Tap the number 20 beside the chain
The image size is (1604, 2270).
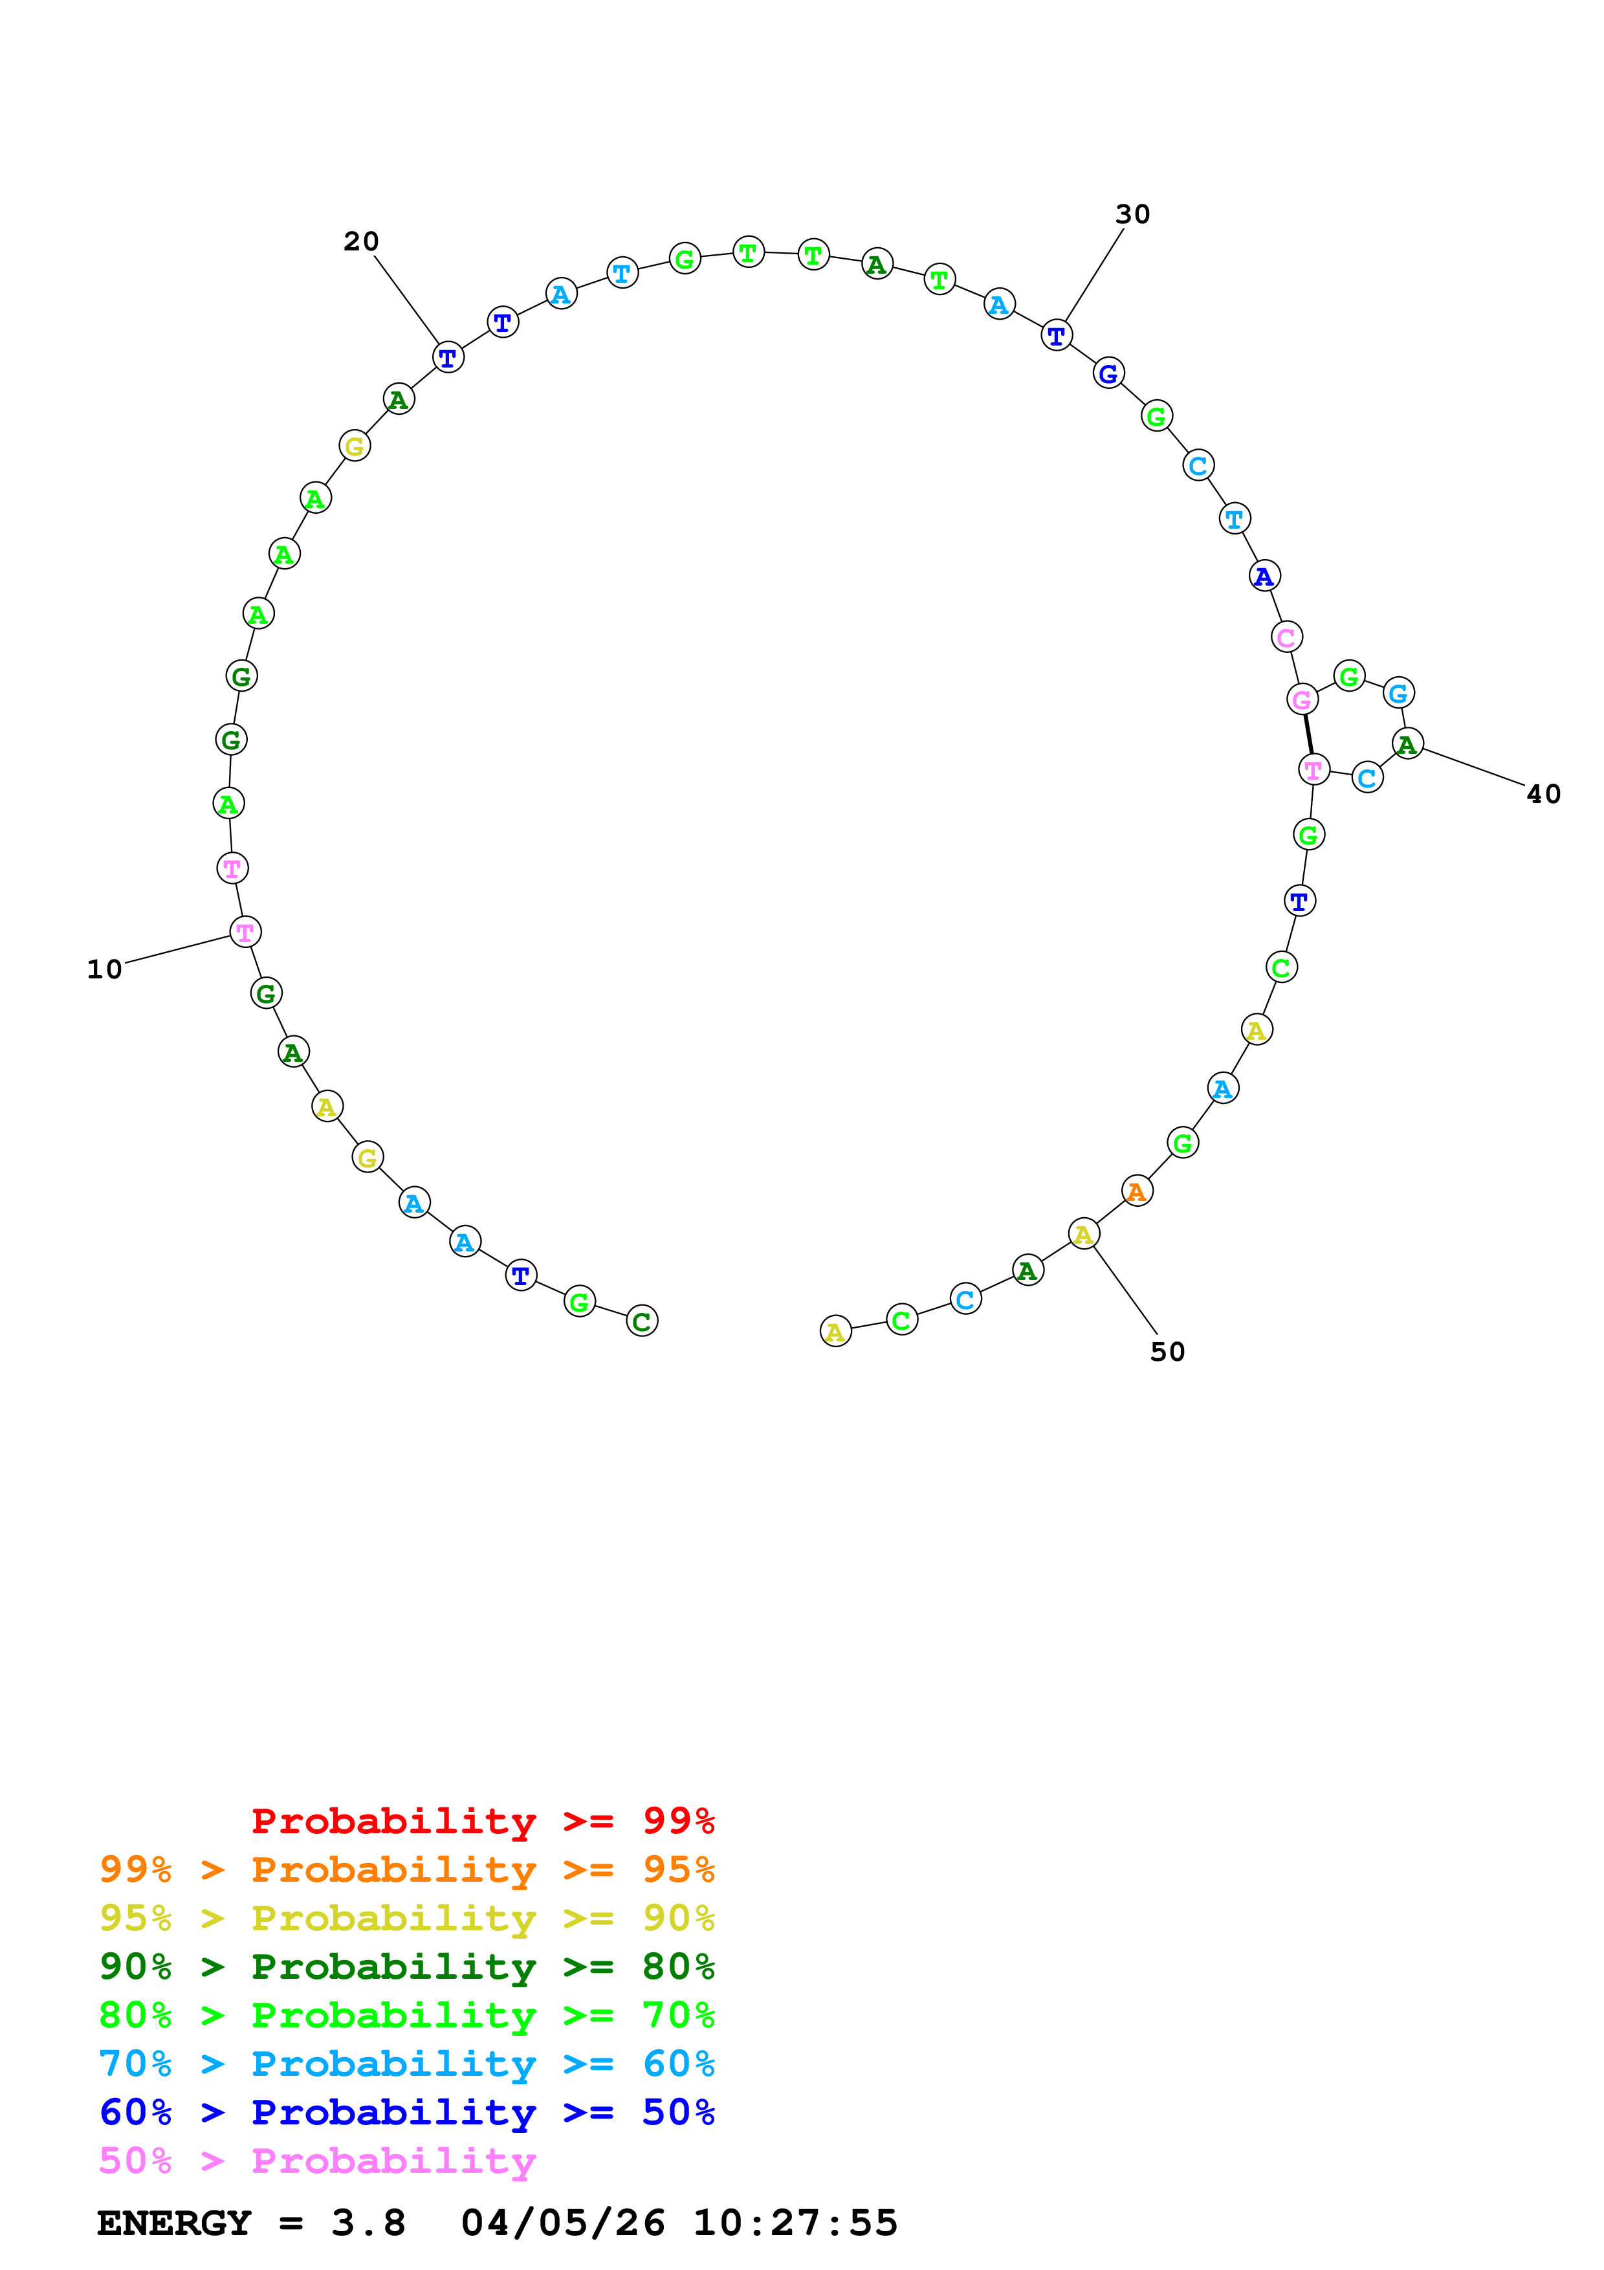coord(361,241)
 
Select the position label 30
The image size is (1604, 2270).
coord(1132,215)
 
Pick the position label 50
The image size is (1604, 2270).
coord(1167,1352)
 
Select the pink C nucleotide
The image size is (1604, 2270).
coord(1286,637)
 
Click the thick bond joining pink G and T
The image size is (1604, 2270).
coord(1308,734)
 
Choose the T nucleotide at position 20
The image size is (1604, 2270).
coord(448,357)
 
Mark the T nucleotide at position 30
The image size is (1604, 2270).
coord(1057,335)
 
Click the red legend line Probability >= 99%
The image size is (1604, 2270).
coord(482,1821)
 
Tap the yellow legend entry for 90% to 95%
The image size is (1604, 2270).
coord(406,1918)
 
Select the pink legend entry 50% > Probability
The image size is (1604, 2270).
coord(317,2160)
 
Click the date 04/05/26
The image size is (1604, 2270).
coord(562,2223)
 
